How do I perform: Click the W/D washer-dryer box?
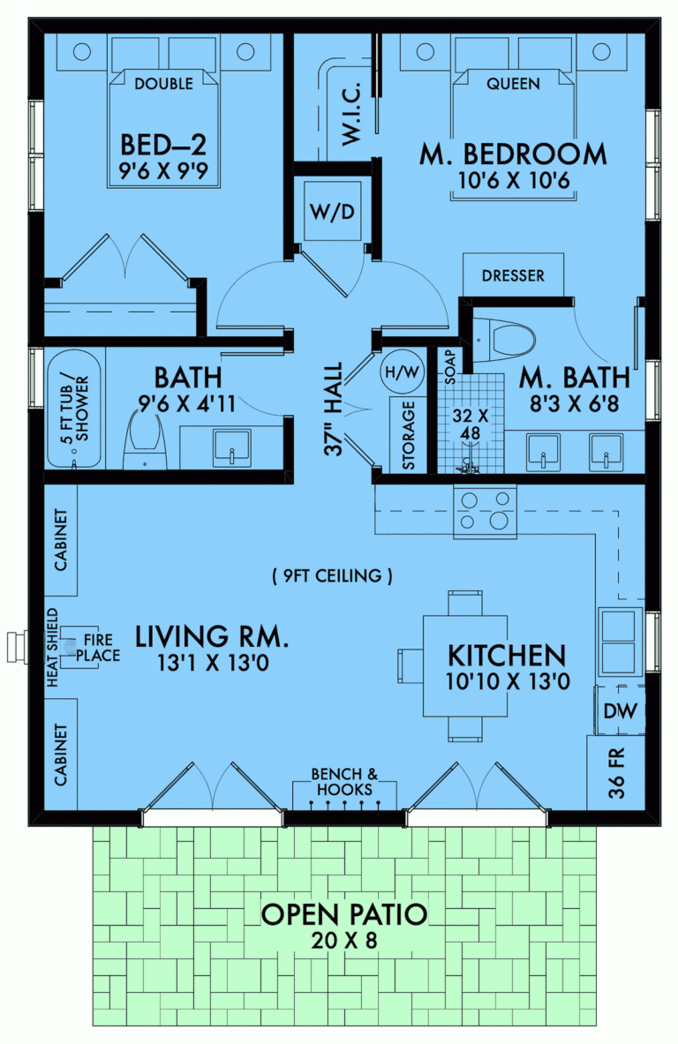[x=332, y=214]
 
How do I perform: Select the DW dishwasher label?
[x=616, y=710]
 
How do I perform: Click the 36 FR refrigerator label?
[x=617, y=774]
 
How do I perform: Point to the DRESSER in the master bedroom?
[x=513, y=276]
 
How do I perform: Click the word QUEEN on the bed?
[x=513, y=84]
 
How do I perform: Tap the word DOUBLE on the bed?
[x=164, y=84]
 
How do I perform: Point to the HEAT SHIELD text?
[x=52, y=648]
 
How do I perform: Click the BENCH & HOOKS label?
[x=344, y=782]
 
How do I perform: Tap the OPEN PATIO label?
[x=344, y=914]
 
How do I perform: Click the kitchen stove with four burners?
[x=485, y=511]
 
